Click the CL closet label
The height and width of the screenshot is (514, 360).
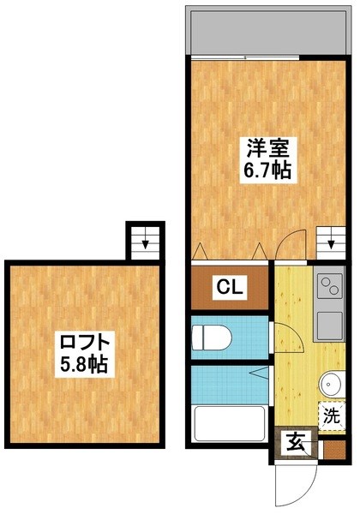pyautogui.click(x=228, y=288)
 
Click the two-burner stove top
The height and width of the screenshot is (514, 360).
pyautogui.click(x=329, y=290)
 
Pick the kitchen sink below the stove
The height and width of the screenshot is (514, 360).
pyautogui.click(x=329, y=324)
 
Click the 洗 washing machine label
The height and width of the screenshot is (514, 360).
pyautogui.click(x=332, y=418)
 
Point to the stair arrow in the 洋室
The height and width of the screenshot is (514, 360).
pyautogui.click(x=331, y=240)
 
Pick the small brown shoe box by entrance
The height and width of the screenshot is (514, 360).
pyautogui.click(x=334, y=446)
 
